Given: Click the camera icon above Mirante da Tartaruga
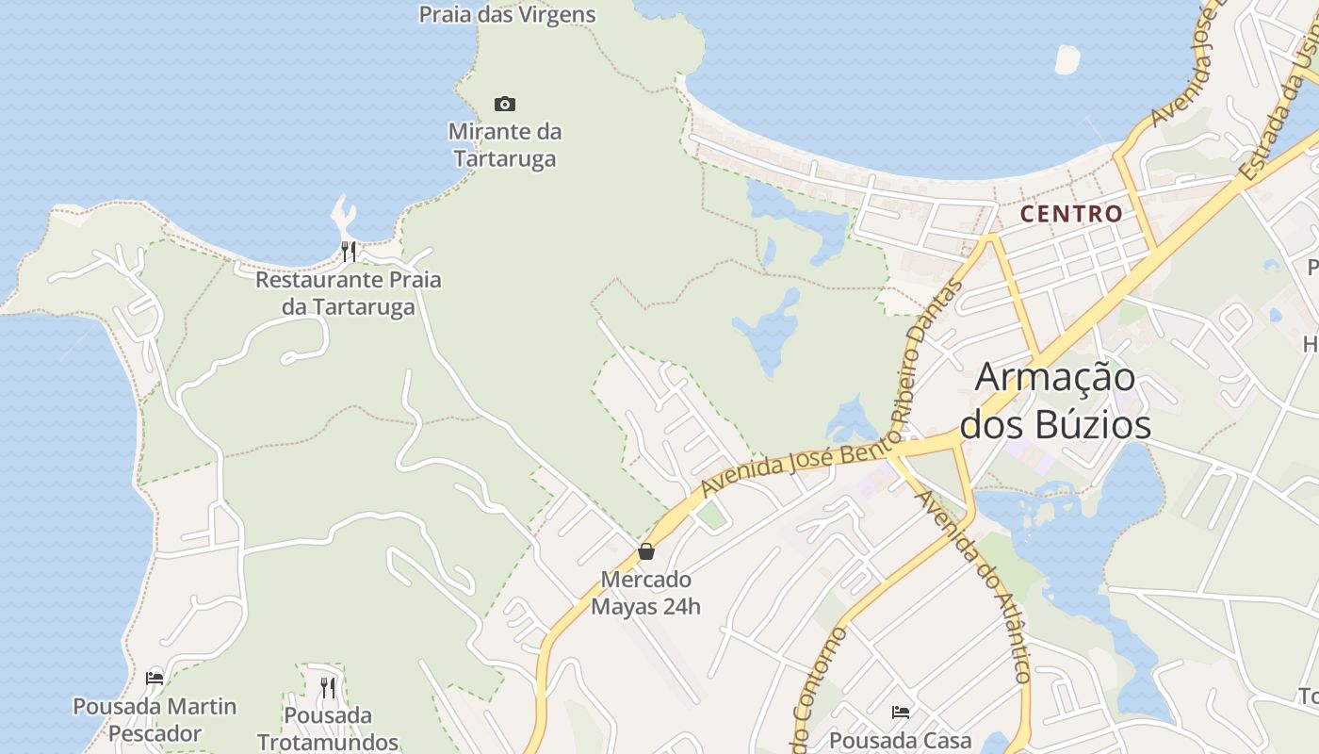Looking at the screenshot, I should [x=505, y=104].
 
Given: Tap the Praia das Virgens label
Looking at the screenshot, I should [x=507, y=14].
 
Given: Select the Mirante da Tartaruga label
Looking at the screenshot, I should [x=505, y=144].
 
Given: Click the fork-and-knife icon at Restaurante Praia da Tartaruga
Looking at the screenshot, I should [x=349, y=251].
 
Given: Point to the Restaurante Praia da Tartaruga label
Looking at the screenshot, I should [x=349, y=293].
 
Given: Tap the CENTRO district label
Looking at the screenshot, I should [x=1071, y=214].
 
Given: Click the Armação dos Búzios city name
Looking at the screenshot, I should [x=1055, y=401].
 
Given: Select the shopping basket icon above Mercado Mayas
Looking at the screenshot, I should [x=646, y=551].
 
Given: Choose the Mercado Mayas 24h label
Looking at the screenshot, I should [x=646, y=592].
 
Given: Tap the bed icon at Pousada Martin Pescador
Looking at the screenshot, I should [x=155, y=678].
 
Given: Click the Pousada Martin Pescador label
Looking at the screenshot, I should [x=155, y=719].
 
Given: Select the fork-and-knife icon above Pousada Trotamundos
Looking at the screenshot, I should [x=327, y=687].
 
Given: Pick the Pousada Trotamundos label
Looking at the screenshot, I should [x=328, y=728].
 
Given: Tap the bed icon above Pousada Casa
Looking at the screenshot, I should [x=901, y=713].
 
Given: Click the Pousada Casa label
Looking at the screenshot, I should [x=900, y=740].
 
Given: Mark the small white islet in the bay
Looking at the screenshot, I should [x=1067, y=59].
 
